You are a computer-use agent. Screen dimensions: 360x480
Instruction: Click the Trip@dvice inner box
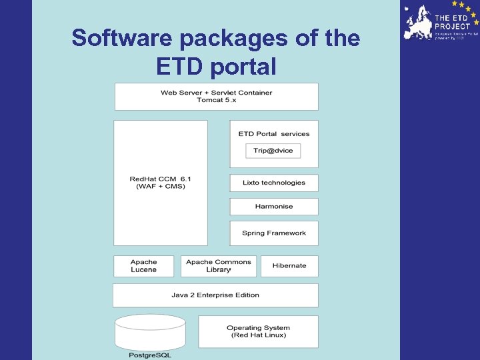point(273,151)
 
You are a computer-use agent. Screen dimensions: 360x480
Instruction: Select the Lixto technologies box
point(274,183)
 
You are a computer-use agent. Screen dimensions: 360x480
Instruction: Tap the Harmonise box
point(274,207)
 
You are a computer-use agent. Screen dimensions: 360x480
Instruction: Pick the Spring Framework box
point(274,233)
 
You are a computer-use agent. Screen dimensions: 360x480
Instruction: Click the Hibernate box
point(289,265)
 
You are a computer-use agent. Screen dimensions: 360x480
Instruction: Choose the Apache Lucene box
point(144,265)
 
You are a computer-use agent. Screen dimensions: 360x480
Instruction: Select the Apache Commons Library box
point(219,265)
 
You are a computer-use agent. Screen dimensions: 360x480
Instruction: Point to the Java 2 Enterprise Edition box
point(215,295)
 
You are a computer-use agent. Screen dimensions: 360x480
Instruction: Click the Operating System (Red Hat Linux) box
point(258,331)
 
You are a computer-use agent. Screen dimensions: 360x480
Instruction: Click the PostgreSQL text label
point(150,355)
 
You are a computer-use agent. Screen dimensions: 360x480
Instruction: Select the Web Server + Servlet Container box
point(217,93)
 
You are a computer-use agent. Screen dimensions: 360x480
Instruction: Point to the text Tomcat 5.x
point(217,100)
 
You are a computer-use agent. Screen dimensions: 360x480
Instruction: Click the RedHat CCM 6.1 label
point(161,179)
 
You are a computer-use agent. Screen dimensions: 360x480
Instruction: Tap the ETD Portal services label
point(274,134)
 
